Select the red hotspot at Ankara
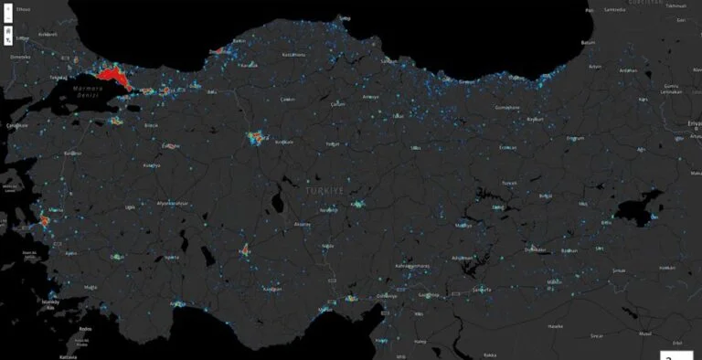click(255, 138)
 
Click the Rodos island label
click(85, 329)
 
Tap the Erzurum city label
click(575, 138)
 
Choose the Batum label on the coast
click(589, 42)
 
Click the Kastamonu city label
click(292, 55)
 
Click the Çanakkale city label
click(16, 125)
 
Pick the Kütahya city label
click(151, 165)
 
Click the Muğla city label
click(89, 287)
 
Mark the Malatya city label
click(464, 225)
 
